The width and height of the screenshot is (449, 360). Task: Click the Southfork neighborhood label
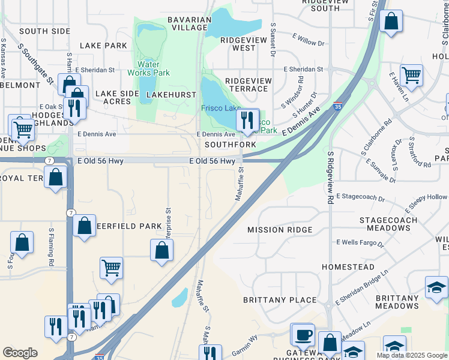click(x=231, y=145)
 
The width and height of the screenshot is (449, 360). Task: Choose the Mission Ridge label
click(x=280, y=230)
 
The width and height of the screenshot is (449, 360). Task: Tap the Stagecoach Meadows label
click(x=393, y=224)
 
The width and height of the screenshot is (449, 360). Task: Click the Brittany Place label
click(x=280, y=300)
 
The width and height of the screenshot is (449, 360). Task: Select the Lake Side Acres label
click(x=112, y=97)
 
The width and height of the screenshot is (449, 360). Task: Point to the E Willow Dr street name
click(x=306, y=43)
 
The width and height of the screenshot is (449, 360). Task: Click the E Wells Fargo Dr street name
click(x=360, y=243)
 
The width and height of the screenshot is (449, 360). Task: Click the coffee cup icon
click(x=303, y=335)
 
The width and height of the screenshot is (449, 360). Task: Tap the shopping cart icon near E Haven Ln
click(x=412, y=76)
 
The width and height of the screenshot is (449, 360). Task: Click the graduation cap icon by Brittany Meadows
click(x=436, y=287)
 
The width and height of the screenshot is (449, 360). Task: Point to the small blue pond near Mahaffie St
click(x=179, y=297)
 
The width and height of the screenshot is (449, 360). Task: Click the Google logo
click(x=20, y=353)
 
